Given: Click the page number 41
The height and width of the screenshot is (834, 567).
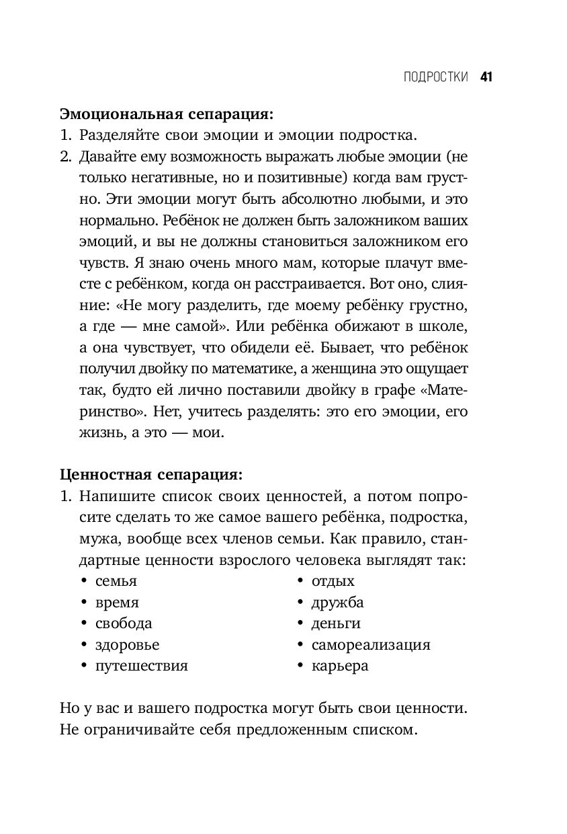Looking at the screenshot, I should (487, 77).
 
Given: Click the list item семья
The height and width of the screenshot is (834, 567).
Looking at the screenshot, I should (116, 581).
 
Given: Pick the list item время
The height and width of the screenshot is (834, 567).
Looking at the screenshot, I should (118, 603).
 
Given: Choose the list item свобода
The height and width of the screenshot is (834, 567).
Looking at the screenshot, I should (124, 623).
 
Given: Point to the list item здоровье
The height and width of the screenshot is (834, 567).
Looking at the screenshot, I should (128, 645).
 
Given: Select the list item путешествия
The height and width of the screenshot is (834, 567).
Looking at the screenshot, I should (142, 666).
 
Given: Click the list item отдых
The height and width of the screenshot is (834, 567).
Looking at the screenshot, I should (333, 581).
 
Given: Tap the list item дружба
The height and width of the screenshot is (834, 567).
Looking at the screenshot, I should (337, 603).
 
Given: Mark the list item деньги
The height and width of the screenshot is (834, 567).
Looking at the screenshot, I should (336, 623).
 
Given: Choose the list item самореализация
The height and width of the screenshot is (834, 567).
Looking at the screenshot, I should (370, 645).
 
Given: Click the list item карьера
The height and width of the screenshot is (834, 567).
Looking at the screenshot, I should (340, 666).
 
